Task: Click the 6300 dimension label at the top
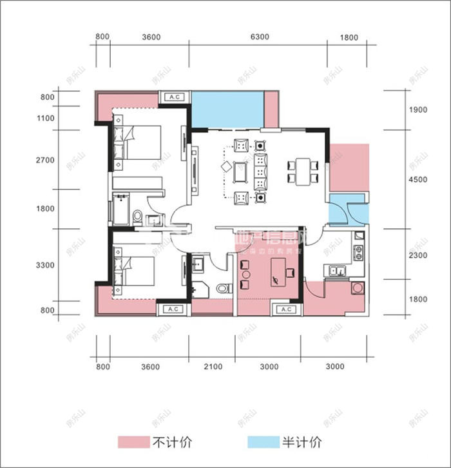(259, 37)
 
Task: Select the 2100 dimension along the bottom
(213, 367)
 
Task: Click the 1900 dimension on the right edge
(418, 110)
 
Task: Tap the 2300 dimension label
(418, 256)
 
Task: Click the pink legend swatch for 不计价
(132, 442)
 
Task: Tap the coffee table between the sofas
(243, 171)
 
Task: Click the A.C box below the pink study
(285, 310)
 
